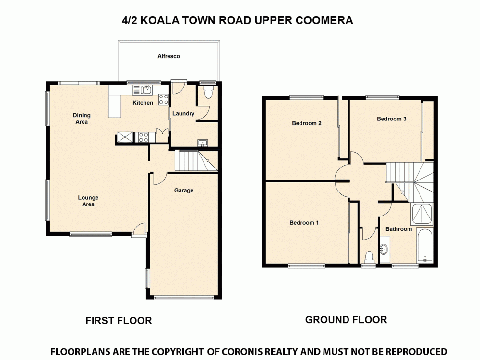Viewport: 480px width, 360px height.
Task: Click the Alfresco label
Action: pyautogui.click(x=168, y=56)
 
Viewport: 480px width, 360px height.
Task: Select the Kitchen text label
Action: pyautogui.click(x=143, y=103)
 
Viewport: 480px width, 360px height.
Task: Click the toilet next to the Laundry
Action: pyautogui.click(x=208, y=92)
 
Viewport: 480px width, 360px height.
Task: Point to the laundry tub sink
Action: pyautogui.click(x=203, y=142)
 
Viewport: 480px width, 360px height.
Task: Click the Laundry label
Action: pyautogui.click(x=183, y=114)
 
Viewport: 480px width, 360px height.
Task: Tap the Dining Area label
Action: pyautogui.click(x=82, y=119)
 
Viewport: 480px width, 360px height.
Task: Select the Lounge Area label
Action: pyautogui.click(x=88, y=201)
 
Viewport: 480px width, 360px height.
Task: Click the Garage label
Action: pyautogui.click(x=183, y=191)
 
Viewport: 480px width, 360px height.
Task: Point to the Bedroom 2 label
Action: pyautogui.click(x=306, y=123)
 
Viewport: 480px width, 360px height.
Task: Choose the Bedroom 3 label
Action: pyautogui.click(x=391, y=119)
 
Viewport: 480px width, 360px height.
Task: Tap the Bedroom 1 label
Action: pyautogui.click(x=304, y=223)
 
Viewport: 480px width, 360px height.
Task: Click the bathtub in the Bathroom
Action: pyautogui.click(x=425, y=246)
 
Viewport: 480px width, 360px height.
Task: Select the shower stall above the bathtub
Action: pyautogui.click(x=422, y=214)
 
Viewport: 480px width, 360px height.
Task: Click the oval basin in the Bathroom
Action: pyautogui.click(x=384, y=249)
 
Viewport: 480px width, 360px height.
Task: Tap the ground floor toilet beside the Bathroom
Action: pyautogui.click(x=369, y=256)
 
